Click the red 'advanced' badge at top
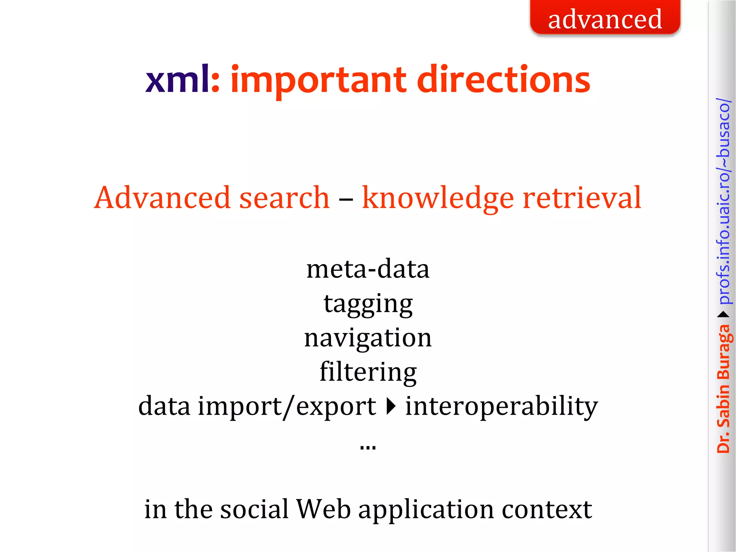[605, 18]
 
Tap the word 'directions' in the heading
[503, 80]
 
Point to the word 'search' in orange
[284, 198]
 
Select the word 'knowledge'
[438, 198]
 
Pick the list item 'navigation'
[368, 338]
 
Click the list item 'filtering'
[368, 372]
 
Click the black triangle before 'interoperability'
[391, 406]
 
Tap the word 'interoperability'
[501, 406]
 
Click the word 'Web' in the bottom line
[323, 509]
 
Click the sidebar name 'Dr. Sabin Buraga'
[723, 388]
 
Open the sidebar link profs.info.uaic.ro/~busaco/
[723, 201]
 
